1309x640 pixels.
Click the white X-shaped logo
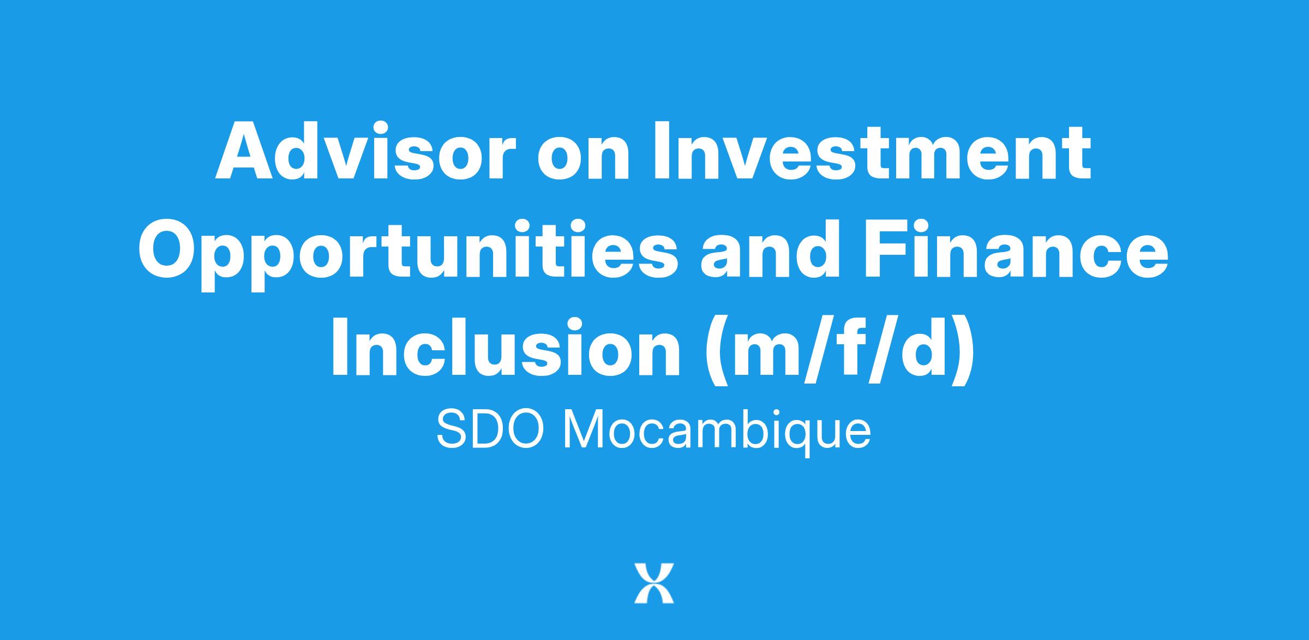pos(654,583)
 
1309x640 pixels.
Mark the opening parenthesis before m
pos(717,351)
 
